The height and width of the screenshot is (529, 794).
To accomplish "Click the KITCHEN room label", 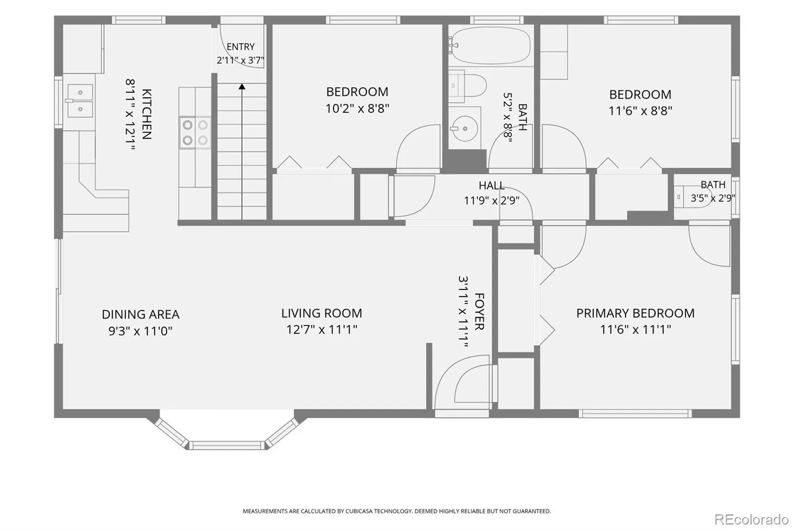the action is [147, 114].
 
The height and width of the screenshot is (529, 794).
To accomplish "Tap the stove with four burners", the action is [195, 132].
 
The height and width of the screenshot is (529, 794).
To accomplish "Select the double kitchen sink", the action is [80, 100].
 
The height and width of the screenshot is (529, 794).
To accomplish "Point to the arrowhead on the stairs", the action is [242, 86].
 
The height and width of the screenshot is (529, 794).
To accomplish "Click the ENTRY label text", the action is [241, 47].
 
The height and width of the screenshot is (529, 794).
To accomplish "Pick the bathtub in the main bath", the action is [491, 45].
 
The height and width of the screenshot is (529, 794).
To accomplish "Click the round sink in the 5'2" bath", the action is [464, 129].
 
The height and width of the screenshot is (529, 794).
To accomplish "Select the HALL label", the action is [492, 186].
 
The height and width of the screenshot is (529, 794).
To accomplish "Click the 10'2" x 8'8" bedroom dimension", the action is [357, 108].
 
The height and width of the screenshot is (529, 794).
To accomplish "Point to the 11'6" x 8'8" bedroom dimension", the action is [640, 111].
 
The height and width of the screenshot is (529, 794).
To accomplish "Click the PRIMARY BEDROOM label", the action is [635, 313].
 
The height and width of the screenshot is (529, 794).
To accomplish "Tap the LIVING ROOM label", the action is [322, 313].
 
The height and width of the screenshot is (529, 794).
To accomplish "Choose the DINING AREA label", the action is [140, 314].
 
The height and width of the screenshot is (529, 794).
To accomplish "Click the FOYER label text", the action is [479, 311].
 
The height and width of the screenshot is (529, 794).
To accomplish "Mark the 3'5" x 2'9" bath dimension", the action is [713, 198].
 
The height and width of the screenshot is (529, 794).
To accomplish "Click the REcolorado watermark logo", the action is [751, 520].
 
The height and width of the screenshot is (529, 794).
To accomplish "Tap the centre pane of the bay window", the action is [227, 445].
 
